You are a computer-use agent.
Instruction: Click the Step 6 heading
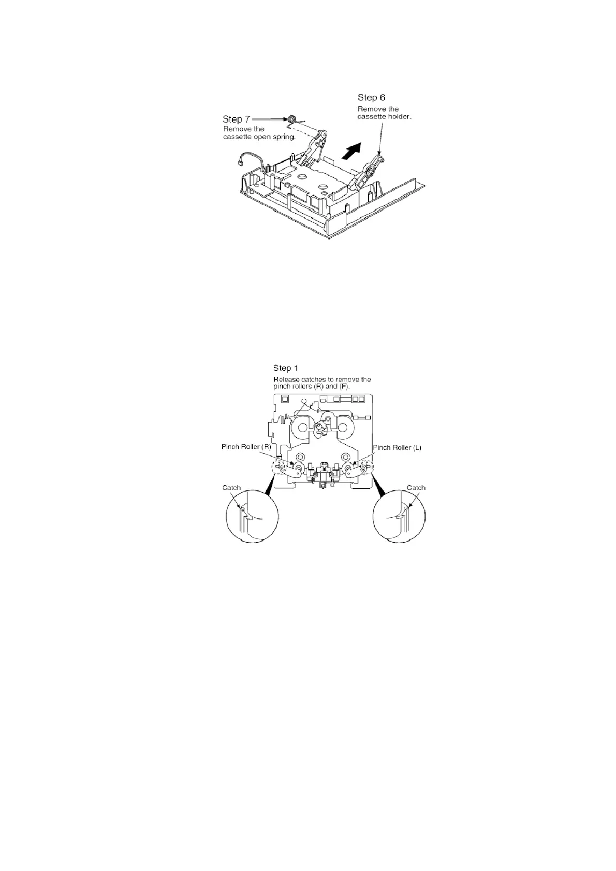point(371,97)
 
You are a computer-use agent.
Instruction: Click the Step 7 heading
point(236,119)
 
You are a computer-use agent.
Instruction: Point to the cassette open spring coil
point(291,119)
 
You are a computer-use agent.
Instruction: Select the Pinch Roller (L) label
point(397,447)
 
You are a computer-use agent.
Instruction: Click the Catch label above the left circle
point(231,488)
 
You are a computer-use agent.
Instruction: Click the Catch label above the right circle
point(416,488)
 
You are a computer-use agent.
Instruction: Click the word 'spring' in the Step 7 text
point(283,137)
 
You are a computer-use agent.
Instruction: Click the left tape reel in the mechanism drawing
point(302,427)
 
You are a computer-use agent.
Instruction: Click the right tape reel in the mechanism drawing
point(344,427)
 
